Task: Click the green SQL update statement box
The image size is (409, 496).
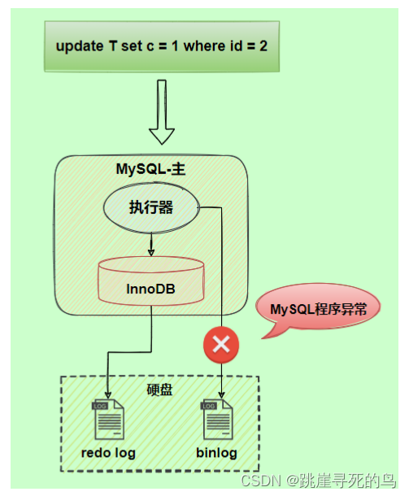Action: [160, 46]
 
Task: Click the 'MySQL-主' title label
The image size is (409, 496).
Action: [151, 169]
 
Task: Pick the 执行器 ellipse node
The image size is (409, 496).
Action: [150, 207]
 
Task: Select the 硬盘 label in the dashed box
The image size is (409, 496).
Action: [159, 389]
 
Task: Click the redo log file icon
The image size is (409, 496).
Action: [108, 420]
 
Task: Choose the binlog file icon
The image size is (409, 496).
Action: [215, 420]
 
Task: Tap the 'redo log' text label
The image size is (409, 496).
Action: [108, 453]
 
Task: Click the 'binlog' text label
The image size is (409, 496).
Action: [216, 453]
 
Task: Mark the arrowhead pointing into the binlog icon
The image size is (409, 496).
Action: [222, 398]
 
